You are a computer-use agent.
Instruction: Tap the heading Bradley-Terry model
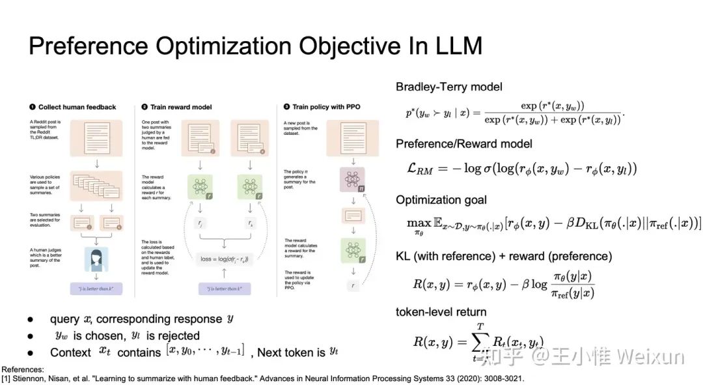coord(449,87)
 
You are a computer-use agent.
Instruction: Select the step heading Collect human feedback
coord(77,107)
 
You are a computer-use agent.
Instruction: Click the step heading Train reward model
coord(181,107)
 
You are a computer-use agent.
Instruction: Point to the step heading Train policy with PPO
coord(326,107)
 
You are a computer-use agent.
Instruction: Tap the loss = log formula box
coord(224,259)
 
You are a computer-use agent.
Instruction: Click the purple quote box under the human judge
coord(96,288)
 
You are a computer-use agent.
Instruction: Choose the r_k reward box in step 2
coord(250,223)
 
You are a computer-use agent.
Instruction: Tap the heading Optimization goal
coord(441,200)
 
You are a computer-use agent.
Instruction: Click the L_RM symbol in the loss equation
coord(423,169)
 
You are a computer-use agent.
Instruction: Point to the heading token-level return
coord(441,312)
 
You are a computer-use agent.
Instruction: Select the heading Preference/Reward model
coord(463,143)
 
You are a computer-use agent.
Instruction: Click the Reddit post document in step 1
coord(96,139)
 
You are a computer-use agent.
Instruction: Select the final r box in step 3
coord(351,285)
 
